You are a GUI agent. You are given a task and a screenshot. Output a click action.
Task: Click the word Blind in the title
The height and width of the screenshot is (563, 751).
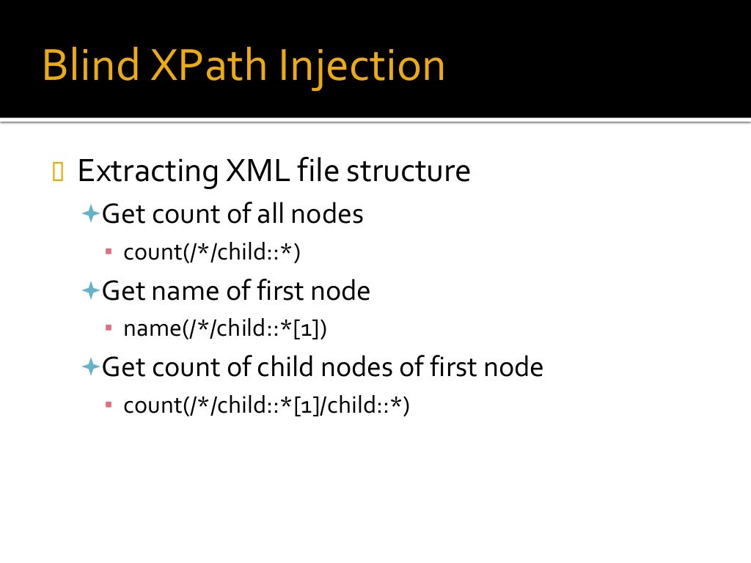[89, 65]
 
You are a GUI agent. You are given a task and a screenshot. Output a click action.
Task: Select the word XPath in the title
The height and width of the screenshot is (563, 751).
[209, 65]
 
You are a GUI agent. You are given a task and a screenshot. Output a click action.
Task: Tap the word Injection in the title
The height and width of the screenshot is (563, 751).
[362, 65]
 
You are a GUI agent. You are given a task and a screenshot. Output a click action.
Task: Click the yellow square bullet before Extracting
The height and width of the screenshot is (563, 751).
[59, 172]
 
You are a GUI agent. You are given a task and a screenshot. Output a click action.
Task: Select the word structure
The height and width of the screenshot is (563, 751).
[409, 172]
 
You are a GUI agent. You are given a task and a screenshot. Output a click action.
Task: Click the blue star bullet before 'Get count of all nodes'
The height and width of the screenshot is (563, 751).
[90, 214]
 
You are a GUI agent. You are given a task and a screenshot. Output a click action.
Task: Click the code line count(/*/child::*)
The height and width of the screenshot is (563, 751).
[212, 252]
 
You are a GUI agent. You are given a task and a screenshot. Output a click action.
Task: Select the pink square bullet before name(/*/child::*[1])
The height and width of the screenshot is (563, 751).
[109, 328]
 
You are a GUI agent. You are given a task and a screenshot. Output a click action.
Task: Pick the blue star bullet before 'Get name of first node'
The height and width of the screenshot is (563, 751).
[90, 291]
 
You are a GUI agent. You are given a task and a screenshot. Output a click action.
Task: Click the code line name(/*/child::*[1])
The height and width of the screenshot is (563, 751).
[224, 329]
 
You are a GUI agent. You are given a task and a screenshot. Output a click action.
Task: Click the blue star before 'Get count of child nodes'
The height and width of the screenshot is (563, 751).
[90, 367]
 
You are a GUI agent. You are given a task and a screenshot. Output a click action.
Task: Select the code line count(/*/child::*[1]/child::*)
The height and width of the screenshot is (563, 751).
[265, 405]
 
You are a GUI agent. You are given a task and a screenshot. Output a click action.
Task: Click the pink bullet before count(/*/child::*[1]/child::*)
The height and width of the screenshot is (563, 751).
[109, 404]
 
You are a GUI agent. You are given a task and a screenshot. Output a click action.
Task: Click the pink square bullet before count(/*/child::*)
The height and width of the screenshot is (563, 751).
[109, 251]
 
